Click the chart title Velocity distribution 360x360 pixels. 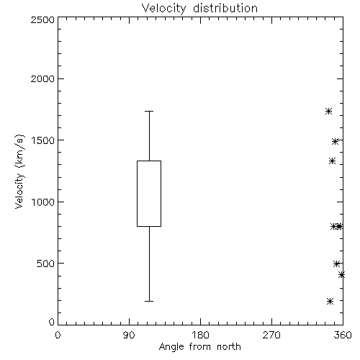(x=199, y=8)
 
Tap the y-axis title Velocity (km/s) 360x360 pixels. (x=19, y=171)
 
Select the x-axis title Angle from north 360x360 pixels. (x=199, y=347)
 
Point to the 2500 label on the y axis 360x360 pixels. (x=42, y=19)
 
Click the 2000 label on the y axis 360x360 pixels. (x=42, y=78)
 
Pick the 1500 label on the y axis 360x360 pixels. (x=43, y=140)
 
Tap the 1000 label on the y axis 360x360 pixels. (x=43, y=202)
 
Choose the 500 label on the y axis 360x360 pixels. (x=46, y=264)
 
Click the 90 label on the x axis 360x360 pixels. (x=129, y=335)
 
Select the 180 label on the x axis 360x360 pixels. (x=200, y=335)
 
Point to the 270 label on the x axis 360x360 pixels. (x=271, y=335)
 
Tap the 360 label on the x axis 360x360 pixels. (x=343, y=335)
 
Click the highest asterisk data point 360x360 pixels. (x=328, y=111)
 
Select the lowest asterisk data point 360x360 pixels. (x=330, y=301)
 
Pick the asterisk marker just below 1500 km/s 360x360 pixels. (x=335, y=141)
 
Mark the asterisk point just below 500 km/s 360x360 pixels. (x=336, y=264)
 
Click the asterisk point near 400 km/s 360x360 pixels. (x=341, y=275)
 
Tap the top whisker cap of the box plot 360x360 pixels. (x=149, y=111)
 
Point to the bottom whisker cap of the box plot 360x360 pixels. (x=149, y=301)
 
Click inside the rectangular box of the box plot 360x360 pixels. (x=149, y=194)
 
